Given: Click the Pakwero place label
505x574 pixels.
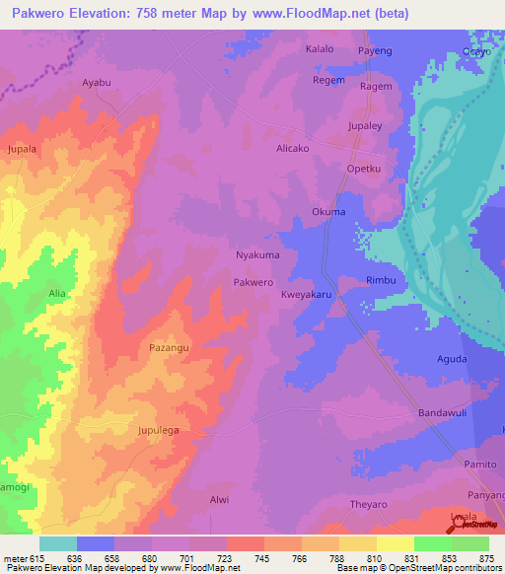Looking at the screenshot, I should [x=252, y=282].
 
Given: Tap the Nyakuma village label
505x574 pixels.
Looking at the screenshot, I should [x=257, y=254].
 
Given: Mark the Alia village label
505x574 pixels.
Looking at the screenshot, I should [x=57, y=294].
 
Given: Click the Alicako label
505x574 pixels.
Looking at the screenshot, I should [x=293, y=148].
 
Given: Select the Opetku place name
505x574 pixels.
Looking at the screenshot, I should [x=363, y=169].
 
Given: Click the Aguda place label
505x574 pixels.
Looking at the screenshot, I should [x=451, y=359].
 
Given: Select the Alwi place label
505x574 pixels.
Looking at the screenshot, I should [x=219, y=499].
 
